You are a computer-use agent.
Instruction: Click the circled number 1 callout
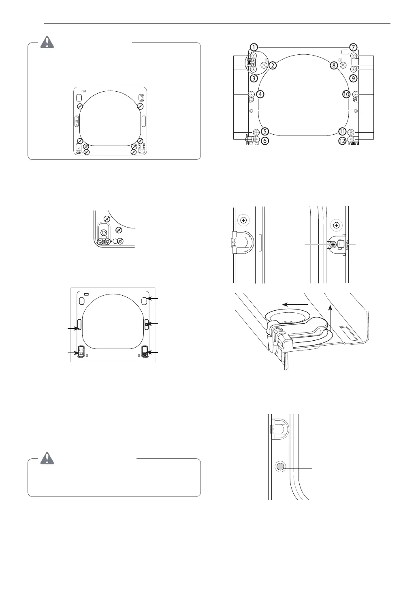[253, 47]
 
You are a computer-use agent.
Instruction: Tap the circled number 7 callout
[354, 47]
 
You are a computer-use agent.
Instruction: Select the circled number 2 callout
[273, 65]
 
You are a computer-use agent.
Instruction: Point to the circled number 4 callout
[260, 94]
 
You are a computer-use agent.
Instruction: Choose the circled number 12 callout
[342, 141]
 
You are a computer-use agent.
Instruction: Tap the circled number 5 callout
[265, 131]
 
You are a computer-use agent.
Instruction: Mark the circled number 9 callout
[353, 77]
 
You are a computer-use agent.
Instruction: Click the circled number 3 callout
[253, 77]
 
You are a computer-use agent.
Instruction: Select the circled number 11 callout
[342, 131]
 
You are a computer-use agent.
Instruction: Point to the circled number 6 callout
[265, 141]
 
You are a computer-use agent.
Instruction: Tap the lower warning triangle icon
[48, 458]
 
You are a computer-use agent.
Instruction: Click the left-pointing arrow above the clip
[295, 303]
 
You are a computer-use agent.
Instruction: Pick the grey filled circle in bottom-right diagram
[279, 467]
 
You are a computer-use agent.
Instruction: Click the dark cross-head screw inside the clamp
[333, 245]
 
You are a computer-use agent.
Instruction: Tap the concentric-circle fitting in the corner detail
[104, 232]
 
